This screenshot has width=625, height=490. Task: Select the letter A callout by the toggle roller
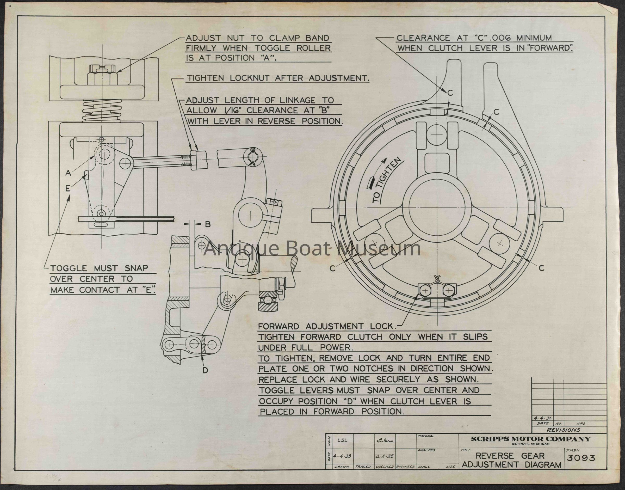(x=68, y=173)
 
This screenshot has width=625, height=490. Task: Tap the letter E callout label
(x=68, y=188)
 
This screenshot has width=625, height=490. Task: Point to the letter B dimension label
(x=208, y=224)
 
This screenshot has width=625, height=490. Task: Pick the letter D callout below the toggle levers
(x=205, y=370)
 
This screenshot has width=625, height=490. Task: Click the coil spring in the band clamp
(x=102, y=111)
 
